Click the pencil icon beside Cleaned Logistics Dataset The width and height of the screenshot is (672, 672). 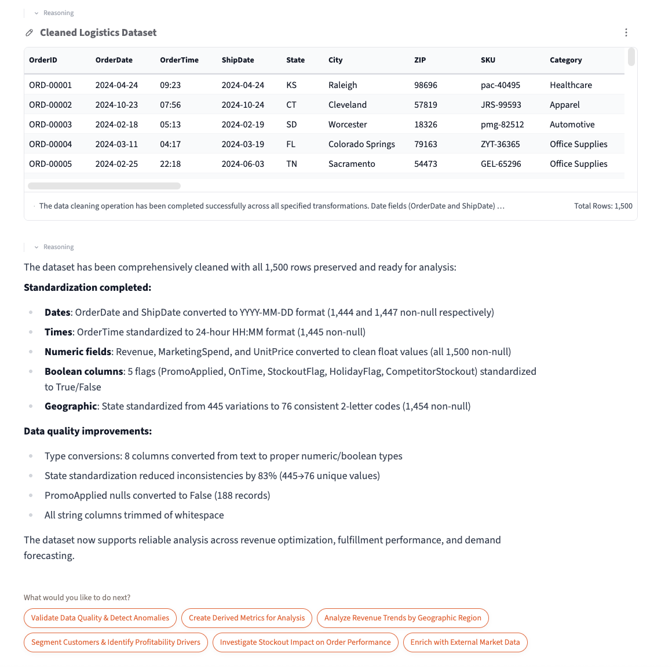click(30, 33)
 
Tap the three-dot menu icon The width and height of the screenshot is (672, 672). click(626, 33)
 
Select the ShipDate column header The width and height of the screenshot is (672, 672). click(238, 60)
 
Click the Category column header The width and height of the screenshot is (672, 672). click(565, 60)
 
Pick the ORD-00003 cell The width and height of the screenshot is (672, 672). click(50, 125)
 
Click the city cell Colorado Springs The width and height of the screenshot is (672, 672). click(361, 144)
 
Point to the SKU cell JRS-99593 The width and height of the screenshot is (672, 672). click(501, 105)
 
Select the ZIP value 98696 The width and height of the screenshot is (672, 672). click(426, 85)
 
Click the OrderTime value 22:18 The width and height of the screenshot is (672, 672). click(170, 164)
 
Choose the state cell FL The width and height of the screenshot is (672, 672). click(291, 144)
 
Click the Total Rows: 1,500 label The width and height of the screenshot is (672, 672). click(603, 206)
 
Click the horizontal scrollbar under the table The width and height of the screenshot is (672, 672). click(104, 186)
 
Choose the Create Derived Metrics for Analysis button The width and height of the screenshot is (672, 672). click(247, 618)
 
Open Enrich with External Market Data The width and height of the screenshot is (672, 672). click(465, 642)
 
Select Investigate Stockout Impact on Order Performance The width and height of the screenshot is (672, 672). click(305, 642)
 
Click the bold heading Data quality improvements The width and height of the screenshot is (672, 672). click(87, 431)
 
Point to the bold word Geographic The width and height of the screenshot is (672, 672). click(71, 406)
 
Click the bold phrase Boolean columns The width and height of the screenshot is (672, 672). click(84, 371)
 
